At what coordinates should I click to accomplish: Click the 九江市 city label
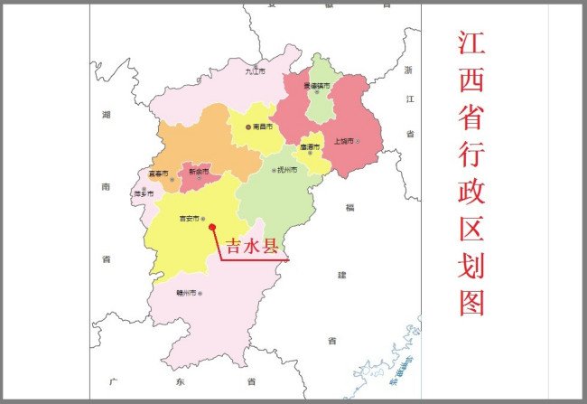pyautogui.click(x=256, y=70)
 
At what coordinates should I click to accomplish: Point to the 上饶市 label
pyautogui.click(x=343, y=141)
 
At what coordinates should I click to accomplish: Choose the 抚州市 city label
pyautogui.click(x=287, y=170)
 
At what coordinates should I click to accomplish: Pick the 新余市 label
pyautogui.click(x=198, y=171)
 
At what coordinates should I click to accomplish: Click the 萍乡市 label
pyautogui.click(x=143, y=193)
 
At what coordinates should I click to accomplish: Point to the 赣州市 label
pyautogui.click(x=188, y=293)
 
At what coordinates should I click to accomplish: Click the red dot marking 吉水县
pyautogui.click(x=212, y=228)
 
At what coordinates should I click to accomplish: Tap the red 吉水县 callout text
pyautogui.click(x=251, y=246)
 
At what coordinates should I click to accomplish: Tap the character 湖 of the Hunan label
pyautogui.click(x=106, y=117)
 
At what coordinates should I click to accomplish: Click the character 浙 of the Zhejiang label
pyautogui.click(x=407, y=70)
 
